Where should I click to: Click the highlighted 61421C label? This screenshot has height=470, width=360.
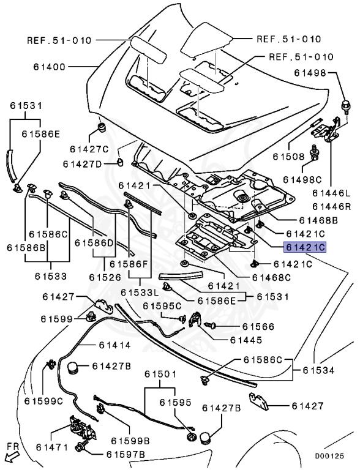point(305,247)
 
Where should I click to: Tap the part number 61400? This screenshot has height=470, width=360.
point(49,67)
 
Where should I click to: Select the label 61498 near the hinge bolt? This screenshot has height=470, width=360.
point(310,73)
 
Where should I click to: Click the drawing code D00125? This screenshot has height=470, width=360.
point(329,456)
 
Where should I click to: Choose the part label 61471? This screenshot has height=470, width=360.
point(52,447)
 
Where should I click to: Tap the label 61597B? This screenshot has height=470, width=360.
point(126,455)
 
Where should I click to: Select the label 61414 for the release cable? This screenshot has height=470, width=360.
point(115,345)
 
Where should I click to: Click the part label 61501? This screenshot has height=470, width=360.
point(160,374)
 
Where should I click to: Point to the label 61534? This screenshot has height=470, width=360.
point(318,370)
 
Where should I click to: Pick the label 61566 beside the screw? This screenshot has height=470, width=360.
point(258,326)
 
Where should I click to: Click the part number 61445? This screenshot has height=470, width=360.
point(246,340)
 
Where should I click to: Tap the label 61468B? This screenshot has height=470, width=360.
point(318,220)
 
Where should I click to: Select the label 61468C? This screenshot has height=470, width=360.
point(271,278)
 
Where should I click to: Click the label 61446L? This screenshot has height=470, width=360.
point(331,193)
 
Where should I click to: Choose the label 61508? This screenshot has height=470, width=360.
point(288,157)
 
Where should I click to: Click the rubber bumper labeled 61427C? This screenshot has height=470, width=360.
point(103,128)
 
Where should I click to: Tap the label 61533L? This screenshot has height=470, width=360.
point(140,292)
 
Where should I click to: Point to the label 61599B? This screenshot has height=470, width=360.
point(130,441)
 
